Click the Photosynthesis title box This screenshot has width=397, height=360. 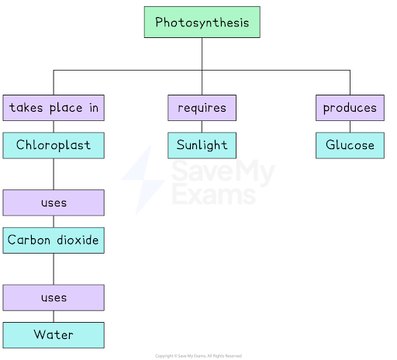coord(202,22)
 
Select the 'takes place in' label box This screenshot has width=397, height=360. coord(54,108)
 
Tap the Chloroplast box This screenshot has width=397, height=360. coord(54,145)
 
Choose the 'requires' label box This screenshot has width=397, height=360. coord(202,108)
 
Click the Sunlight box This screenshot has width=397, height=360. coord(202,145)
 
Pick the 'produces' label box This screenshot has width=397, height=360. coord(350,108)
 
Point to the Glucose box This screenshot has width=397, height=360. coord(350,145)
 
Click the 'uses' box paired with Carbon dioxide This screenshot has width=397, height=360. coord(54,202)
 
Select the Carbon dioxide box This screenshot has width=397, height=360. coord(54,240)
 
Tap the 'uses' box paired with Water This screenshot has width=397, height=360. coord(54,297)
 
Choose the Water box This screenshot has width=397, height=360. coord(54,334)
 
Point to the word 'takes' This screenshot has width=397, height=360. coord(26,108)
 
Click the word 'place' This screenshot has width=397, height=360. coord(65,108)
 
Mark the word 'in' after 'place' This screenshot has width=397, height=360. coord(93,108)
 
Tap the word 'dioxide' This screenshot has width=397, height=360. coord(77,240)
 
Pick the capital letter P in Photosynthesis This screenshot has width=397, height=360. coord(159,22)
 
